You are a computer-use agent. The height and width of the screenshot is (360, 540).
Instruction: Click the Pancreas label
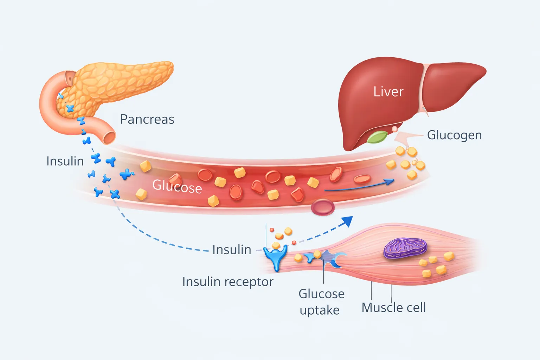147,120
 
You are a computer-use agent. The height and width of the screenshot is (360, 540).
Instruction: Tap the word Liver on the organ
388,92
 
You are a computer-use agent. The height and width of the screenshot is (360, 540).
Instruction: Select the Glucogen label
454,135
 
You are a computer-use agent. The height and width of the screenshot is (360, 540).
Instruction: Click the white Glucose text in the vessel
177,186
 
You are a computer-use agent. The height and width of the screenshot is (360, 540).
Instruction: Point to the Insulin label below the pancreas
65,161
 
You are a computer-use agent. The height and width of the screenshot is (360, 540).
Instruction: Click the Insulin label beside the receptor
232,250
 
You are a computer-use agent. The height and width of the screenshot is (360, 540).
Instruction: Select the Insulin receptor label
227,282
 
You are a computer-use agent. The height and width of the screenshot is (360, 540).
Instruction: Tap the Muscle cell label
393,308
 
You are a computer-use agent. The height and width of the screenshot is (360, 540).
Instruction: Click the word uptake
320,310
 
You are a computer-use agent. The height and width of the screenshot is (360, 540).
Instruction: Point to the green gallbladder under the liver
377,137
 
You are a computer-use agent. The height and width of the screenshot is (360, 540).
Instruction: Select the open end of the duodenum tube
109,137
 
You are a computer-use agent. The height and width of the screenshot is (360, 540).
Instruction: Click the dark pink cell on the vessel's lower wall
322,207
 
